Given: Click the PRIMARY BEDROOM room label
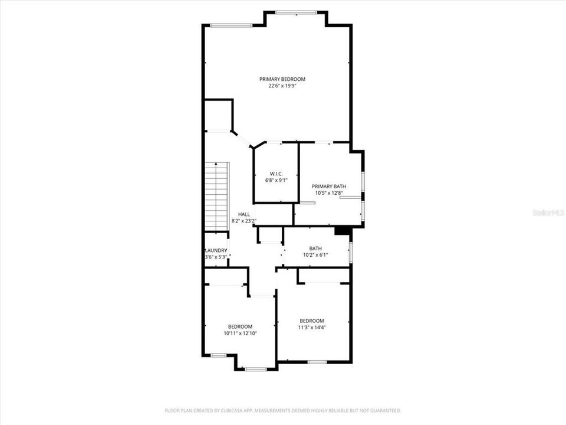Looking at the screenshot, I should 282,79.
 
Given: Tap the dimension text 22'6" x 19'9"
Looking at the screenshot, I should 282,86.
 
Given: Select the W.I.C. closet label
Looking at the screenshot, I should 277,174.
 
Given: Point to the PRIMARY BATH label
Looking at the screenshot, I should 329,186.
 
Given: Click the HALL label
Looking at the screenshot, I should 244,214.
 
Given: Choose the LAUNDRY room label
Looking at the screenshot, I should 216,250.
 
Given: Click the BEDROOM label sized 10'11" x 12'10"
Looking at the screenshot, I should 240,326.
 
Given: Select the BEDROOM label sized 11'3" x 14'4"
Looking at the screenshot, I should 311,321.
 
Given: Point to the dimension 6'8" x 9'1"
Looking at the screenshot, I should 277,180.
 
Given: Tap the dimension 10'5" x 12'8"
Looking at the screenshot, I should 329,192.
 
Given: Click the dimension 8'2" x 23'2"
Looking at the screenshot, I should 244,221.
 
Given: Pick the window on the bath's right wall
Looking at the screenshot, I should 351,251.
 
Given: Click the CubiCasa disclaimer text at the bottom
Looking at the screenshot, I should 283,410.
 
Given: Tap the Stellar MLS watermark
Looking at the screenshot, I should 548,212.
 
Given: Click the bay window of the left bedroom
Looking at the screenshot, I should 256,370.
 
